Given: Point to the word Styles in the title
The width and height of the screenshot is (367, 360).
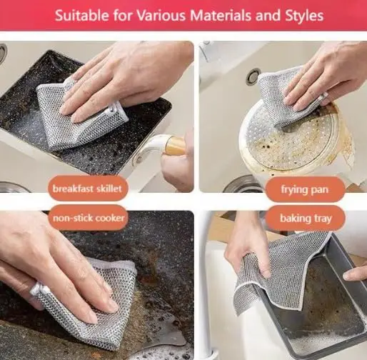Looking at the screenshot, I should click(x=303, y=15).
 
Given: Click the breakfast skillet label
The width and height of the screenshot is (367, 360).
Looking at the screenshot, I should click(x=89, y=189).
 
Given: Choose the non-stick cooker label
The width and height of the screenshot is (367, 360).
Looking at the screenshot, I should click(x=89, y=217).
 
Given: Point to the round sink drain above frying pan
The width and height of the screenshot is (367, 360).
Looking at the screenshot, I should click(x=253, y=76).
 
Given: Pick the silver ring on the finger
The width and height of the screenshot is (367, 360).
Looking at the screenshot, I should click(x=36, y=289).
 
